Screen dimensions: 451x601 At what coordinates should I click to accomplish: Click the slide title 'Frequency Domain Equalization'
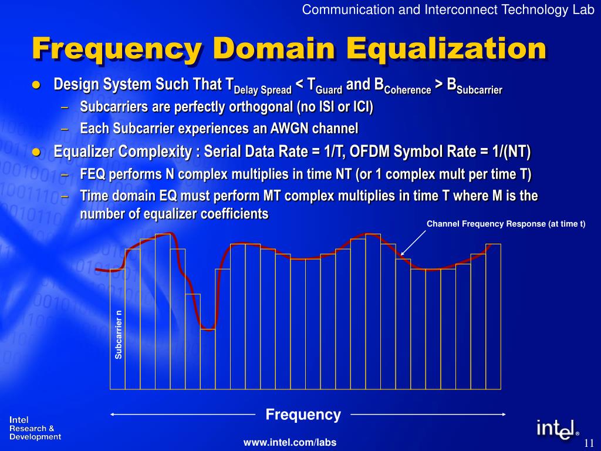(289, 49)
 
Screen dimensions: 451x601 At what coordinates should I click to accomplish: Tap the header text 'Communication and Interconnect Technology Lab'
(448, 9)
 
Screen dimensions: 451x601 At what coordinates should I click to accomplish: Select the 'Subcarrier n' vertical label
(119, 334)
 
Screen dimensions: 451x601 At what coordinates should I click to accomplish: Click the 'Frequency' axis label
(303, 415)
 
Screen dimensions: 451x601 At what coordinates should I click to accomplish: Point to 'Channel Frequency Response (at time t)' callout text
(506, 224)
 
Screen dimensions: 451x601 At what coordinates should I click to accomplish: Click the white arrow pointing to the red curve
(413, 243)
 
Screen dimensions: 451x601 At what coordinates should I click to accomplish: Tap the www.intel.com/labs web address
(290, 442)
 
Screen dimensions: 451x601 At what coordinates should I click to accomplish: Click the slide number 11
(589, 442)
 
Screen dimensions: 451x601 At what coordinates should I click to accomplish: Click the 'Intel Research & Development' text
(35, 429)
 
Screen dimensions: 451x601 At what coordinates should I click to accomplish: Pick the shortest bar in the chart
(208, 359)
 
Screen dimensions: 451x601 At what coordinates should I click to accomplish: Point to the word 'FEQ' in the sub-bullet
(92, 174)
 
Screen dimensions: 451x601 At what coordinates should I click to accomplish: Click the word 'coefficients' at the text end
(236, 214)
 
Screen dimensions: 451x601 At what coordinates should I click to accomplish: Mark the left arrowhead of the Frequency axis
(113, 415)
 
